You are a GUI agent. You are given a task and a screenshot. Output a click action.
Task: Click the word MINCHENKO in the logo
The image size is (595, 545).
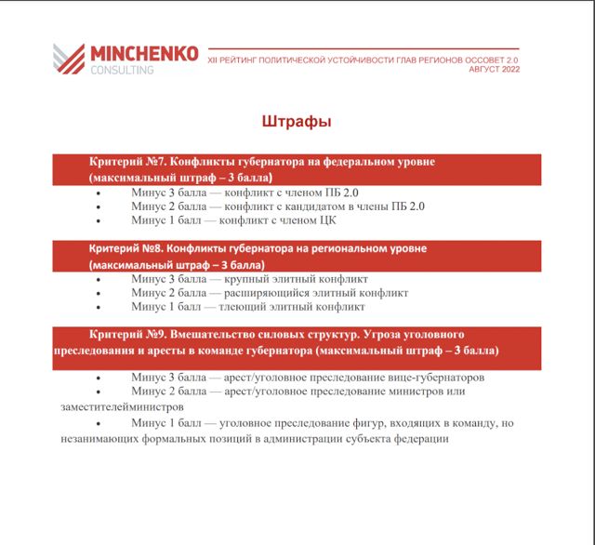pyautogui.click(x=144, y=54)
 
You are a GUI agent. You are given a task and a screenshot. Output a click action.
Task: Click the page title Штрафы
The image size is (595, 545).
pyautogui.click(x=297, y=122)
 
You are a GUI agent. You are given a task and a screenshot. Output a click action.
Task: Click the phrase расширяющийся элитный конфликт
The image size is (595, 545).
pyautogui.click(x=316, y=292)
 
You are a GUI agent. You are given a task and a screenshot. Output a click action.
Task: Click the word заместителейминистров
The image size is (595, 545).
pyautogui.click(x=120, y=406)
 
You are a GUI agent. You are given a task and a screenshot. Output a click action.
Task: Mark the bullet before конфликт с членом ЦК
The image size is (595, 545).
pyautogui.click(x=99, y=221)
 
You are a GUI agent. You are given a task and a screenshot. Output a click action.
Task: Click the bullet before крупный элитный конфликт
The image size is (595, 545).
pyautogui.click(x=99, y=279)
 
